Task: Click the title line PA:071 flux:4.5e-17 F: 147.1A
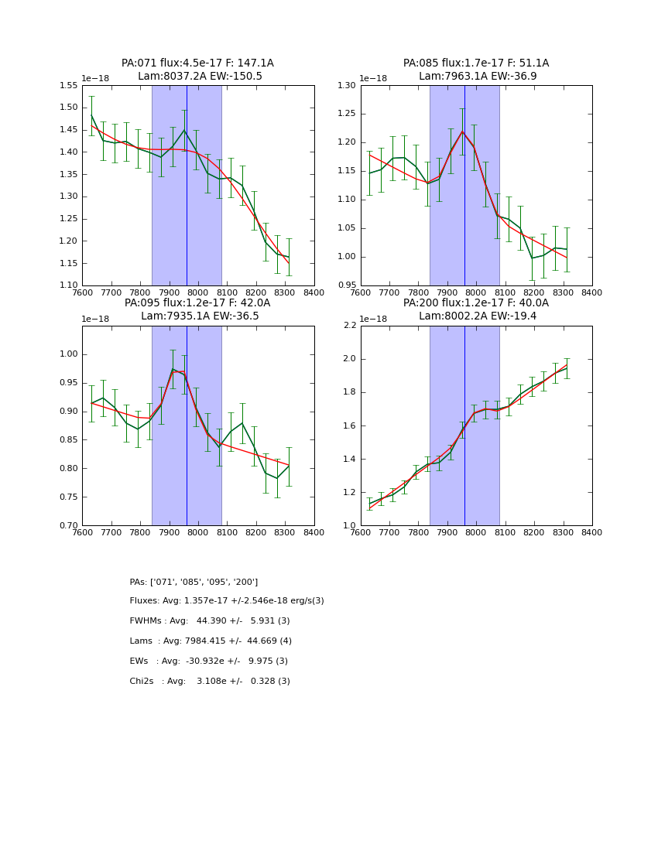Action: [197, 63]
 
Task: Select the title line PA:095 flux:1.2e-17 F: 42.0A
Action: [197, 303]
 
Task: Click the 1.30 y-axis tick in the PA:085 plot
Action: [348, 86]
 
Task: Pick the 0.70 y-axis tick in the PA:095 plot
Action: [69, 525]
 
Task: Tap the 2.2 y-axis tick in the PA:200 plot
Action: [350, 326]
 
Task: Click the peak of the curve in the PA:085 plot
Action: [463, 132]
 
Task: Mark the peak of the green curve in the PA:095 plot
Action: [173, 369]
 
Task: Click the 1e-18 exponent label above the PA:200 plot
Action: [374, 319]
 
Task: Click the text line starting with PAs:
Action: [194, 582]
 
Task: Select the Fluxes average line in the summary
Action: [227, 601]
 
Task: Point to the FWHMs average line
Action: [210, 621]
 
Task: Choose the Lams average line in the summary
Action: [211, 641]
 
